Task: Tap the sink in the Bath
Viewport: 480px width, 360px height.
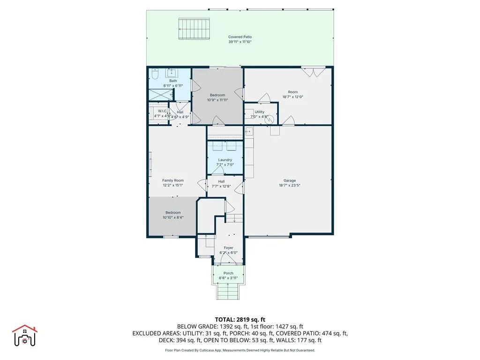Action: pos(172,73)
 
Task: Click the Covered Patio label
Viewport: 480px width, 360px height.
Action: pos(240,37)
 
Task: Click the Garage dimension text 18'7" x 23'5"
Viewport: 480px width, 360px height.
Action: pos(289,185)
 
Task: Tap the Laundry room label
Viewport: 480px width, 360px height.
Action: pos(225,160)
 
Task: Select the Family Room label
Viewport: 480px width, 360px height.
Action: pos(172,180)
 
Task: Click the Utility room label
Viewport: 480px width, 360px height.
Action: pos(259,112)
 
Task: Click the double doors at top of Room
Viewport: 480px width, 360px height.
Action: pos(313,72)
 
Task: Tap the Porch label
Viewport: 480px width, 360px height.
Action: pos(228,273)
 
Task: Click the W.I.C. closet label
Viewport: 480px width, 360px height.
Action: pos(163,111)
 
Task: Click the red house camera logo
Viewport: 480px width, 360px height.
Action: pos(24,336)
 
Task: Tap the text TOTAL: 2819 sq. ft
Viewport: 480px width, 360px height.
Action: pos(240,319)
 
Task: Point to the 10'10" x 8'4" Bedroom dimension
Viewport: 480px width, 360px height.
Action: pos(172,217)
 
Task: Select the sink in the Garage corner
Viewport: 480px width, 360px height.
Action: pos(249,132)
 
